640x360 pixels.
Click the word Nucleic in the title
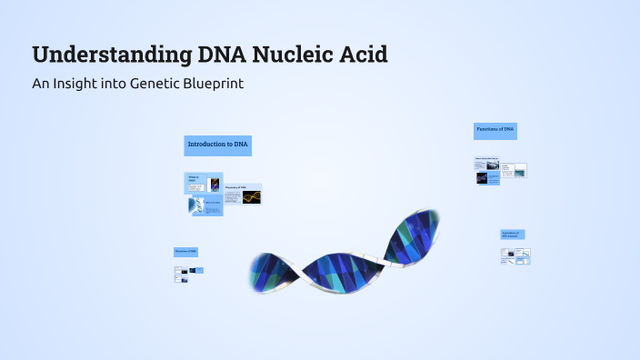pyautogui.click(x=295, y=55)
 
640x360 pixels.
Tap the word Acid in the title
pyautogui.click(x=364, y=55)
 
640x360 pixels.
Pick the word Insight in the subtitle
pyautogui.click(x=77, y=84)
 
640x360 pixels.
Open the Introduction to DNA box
pyautogui.click(x=217, y=145)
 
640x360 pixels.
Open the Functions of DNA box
pyautogui.click(x=495, y=131)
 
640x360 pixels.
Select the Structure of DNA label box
pyautogui.click(x=185, y=251)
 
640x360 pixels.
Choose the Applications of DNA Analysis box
pyautogui.click(x=512, y=235)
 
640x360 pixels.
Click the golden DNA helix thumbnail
pyautogui.click(x=252, y=196)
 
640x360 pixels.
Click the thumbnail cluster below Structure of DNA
pyautogui.click(x=187, y=274)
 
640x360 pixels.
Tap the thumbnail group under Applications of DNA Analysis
pyautogui.click(x=515, y=256)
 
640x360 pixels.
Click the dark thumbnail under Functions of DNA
pyautogui.click(x=481, y=178)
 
